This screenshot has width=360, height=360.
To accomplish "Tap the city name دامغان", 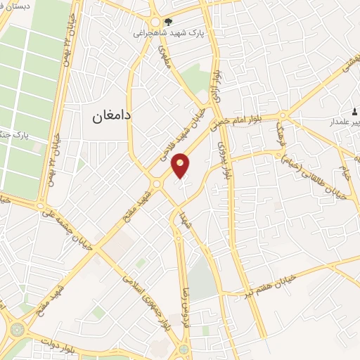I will (x=114, y=117).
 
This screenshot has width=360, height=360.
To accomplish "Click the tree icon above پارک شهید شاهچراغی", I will (x=167, y=21).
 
